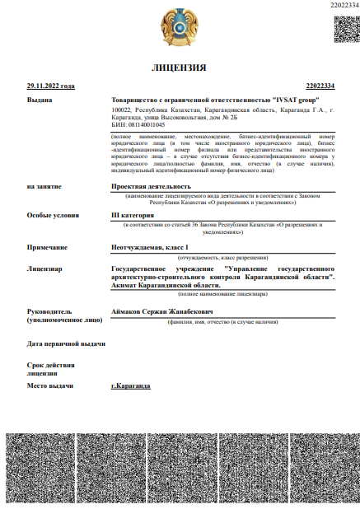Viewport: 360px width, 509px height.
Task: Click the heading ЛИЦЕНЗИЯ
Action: coord(180,67)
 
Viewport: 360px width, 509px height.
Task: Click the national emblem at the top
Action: coord(180,26)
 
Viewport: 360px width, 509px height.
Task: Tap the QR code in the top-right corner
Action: coord(345,29)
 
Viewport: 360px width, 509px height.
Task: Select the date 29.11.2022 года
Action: coord(50,86)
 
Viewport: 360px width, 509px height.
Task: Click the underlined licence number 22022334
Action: coord(320,86)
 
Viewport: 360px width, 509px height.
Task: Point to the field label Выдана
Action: coord(40,100)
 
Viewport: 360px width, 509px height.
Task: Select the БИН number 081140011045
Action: coord(143,124)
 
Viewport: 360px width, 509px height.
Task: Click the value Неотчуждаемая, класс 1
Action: coord(150,248)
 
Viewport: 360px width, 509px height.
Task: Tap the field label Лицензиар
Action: coord(44,269)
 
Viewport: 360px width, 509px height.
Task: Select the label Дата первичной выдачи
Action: coord(66,343)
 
